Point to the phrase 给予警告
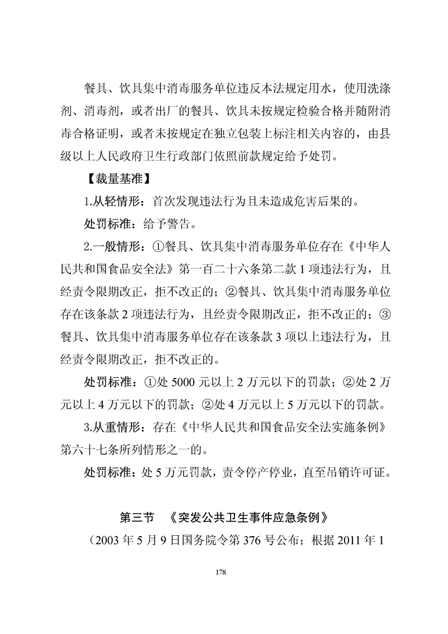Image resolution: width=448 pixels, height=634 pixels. click(167, 224)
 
